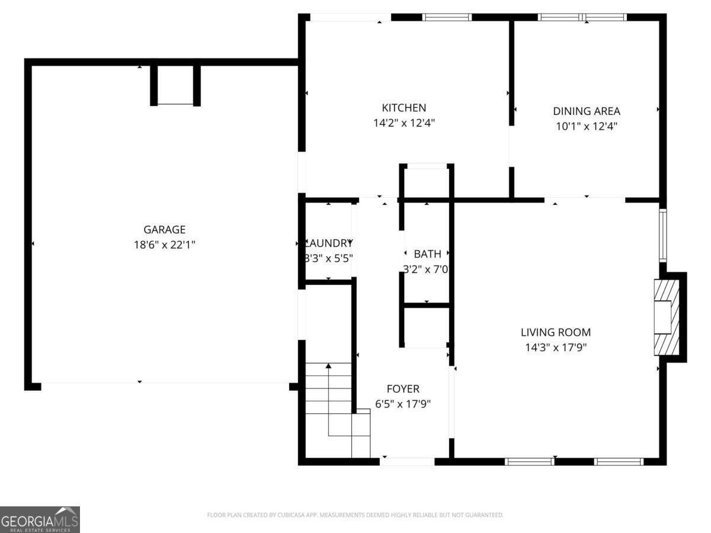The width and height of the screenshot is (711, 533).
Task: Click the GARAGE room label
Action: pos(164,230)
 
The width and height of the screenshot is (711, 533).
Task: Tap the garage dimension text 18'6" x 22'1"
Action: pos(164,244)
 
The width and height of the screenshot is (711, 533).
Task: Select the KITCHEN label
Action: pos(403,108)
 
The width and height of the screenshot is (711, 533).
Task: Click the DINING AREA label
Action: pos(586,111)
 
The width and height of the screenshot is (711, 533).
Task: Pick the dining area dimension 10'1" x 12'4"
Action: pos(586,126)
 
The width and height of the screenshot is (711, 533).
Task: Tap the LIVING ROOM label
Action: pos(555,332)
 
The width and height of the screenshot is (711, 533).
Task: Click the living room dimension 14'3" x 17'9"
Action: pos(555,347)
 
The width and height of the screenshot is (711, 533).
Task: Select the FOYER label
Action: pos(402,389)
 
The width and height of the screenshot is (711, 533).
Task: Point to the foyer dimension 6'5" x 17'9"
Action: pos(402,404)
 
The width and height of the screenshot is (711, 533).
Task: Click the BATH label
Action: pos(427,254)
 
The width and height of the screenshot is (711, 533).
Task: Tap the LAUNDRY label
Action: pos(329,243)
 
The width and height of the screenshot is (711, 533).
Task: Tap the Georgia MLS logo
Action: pos(40,519)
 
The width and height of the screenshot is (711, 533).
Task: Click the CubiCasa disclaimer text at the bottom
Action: pos(355,515)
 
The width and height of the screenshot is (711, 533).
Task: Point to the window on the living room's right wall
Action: pos(663,235)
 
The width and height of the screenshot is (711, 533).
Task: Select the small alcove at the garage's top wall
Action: pos(175,84)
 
